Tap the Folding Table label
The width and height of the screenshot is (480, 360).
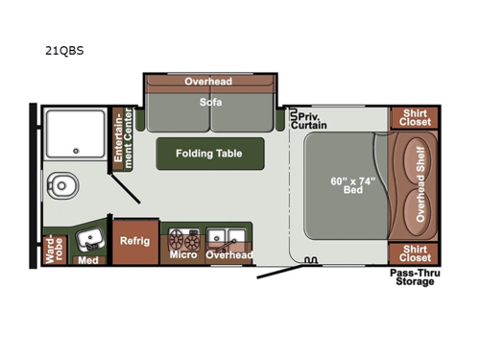pyautogui.click(x=208, y=153)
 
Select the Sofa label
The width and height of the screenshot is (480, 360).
pyautogui.click(x=210, y=100)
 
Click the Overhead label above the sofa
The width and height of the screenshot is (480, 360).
pyautogui.click(x=208, y=82)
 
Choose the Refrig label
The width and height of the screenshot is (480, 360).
pyautogui.click(x=133, y=243)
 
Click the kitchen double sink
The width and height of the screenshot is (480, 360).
pyautogui.click(x=222, y=235)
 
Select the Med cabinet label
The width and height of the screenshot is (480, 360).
pyautogui.click(x=88, y=260)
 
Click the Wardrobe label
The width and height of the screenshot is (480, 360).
pyautogui.click(x=53, y=248)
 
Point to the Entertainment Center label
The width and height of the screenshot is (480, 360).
pyautogui.click(x=121, y=139)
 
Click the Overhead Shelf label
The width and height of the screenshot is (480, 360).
pyautogui.click(x=420, y=183)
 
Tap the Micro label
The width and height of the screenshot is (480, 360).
pyautogui.click(x=182, y=254)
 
